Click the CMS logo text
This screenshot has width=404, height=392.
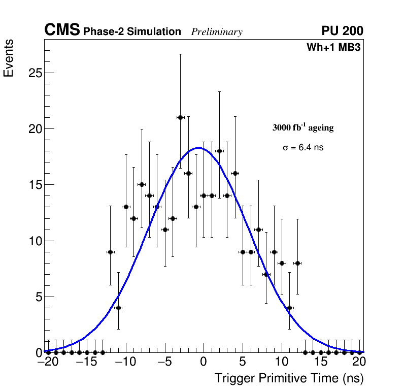coord(62,31)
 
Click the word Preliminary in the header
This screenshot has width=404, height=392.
coord(217,32)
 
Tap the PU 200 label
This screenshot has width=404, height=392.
coord(342,31)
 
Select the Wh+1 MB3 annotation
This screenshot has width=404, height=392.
coord(333,48)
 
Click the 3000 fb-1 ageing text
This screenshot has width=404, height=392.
coord(303,128)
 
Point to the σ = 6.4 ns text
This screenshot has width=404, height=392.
coord(303,148)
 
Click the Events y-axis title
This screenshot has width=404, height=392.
coord(9,58)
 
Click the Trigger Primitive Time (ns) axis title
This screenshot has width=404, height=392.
coord(289,379)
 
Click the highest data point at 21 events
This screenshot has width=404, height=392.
coord(180,117)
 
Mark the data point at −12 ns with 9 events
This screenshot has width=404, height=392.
coord(110,252)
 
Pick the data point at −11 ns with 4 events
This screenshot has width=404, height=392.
coord(118,308)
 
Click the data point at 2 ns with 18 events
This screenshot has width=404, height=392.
coord(219,151)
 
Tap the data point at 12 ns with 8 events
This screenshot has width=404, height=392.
coord(297,263)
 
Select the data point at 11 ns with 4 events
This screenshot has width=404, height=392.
coord(289,308)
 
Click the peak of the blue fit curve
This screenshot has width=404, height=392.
coord(199,148)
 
